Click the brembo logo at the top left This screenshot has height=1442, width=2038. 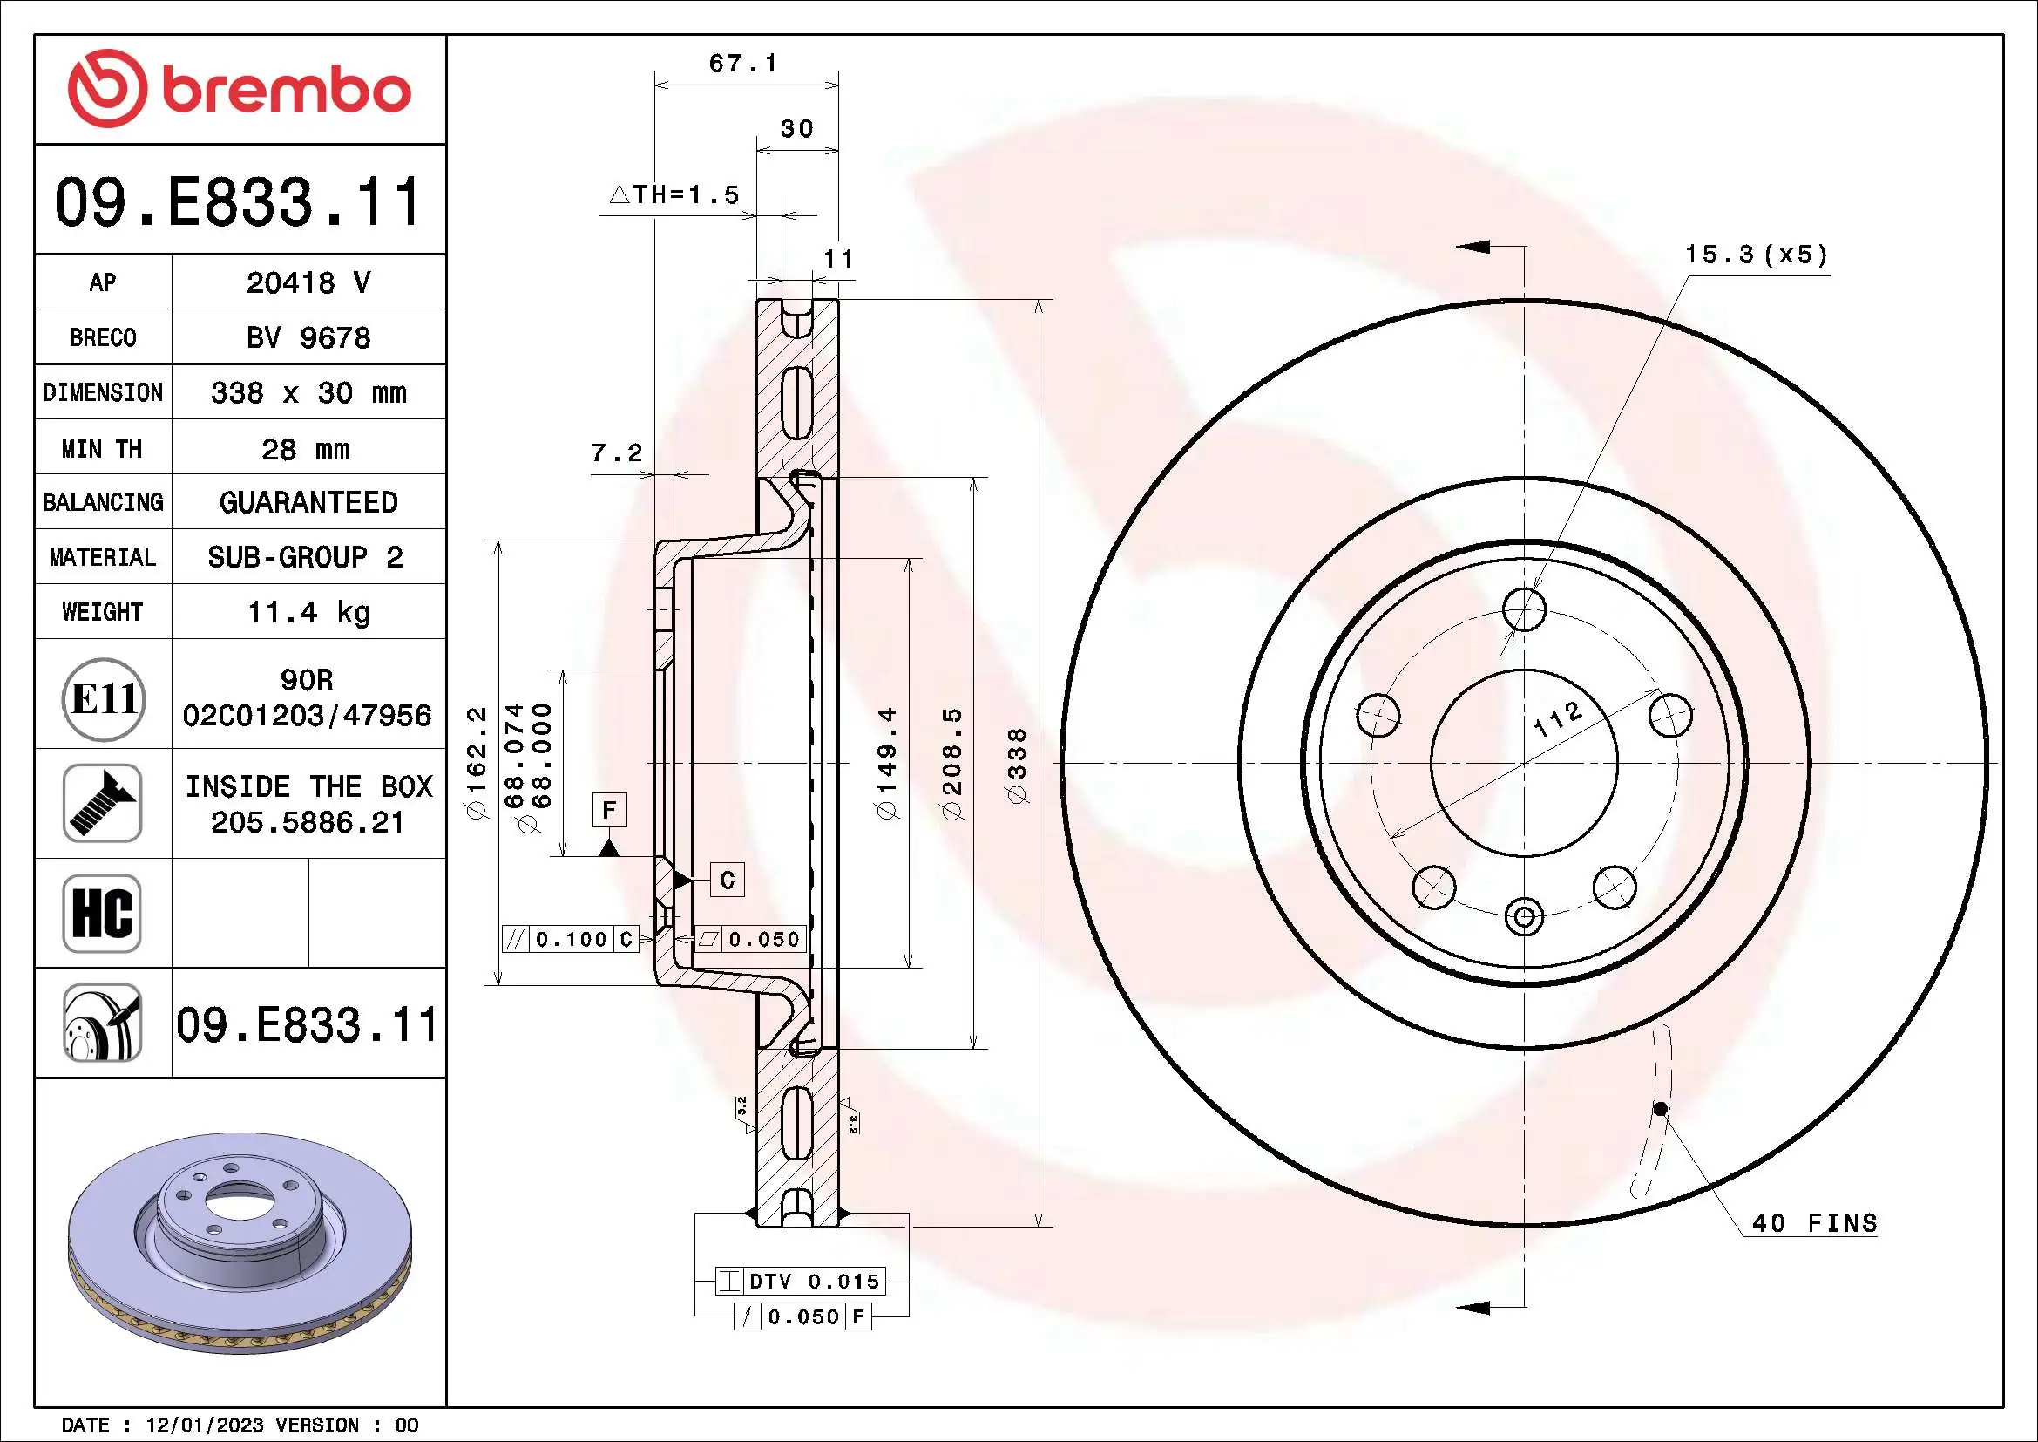pos(240,89)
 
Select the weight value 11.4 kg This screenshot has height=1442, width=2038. pos(308,612)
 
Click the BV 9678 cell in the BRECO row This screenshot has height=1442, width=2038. pos(308,337)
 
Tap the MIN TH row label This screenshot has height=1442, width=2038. pos(102,448)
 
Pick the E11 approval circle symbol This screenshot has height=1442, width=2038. pos(103,699)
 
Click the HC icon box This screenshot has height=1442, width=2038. pos(102,913)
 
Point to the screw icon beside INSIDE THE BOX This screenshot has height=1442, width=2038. pos(102,803)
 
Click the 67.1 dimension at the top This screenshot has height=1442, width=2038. pos(743,64)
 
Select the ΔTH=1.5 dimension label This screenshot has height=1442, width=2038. pos(674,194)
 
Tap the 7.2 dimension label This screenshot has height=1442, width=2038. pos(616,452)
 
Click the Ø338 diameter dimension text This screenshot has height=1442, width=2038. pos(1018,765)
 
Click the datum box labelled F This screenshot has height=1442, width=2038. pos(609,810)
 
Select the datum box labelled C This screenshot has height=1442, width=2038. pos(727,880)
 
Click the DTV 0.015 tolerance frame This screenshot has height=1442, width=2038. pos(799,1282)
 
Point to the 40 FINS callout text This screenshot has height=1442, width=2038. pos(1814,1223)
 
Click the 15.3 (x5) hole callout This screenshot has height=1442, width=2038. pos(1756,255)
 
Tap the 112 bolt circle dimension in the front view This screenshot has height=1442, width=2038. pos(1558,718)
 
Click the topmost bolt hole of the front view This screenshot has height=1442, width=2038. pos(1524,609)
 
